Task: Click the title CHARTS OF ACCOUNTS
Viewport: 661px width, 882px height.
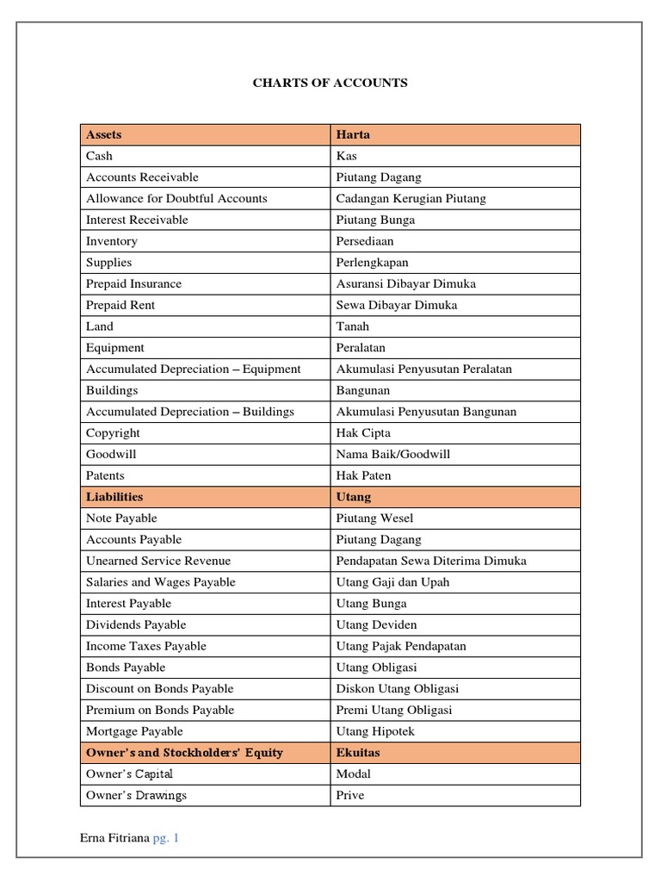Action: [x=330, y=84]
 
